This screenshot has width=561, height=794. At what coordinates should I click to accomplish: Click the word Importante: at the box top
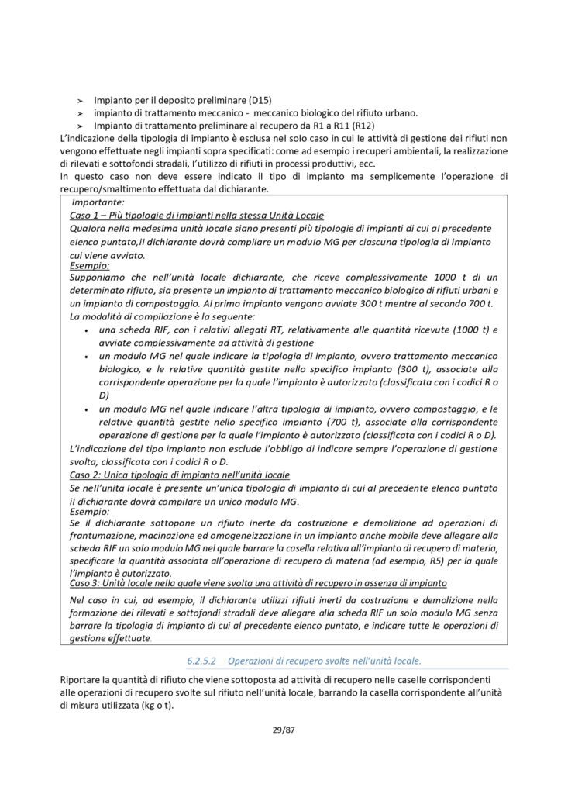tap(92, 202)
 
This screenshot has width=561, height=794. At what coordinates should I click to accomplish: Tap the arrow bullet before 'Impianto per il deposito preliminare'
tap(79, 102)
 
